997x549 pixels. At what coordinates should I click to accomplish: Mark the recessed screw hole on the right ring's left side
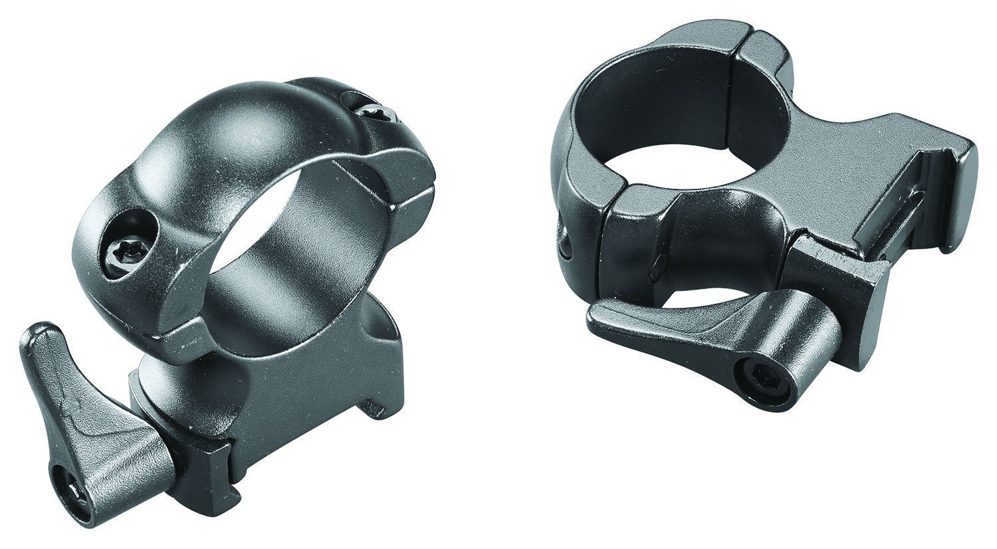(x=564, y=240)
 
